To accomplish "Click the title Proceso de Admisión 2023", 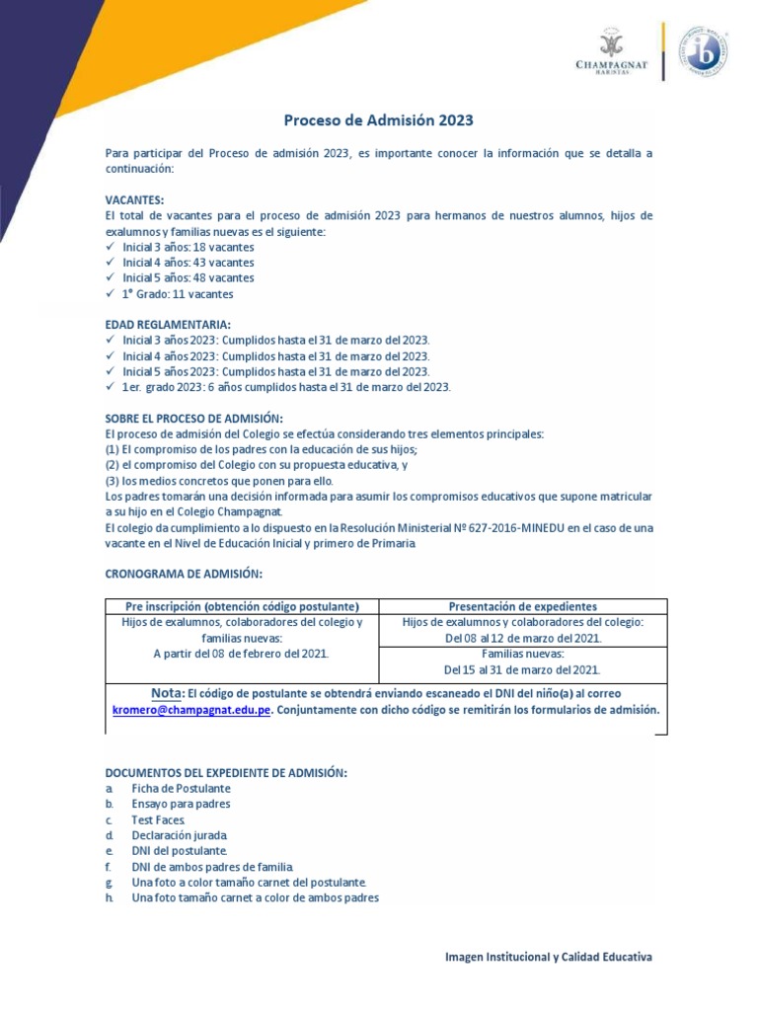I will [379, 120].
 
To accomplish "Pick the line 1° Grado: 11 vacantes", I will [178, 294].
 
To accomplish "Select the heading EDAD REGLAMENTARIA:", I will [168, 324].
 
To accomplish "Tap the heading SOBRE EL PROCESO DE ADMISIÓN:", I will [193, 418].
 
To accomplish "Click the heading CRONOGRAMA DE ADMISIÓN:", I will [184, 575].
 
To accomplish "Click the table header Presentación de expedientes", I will [523, 606].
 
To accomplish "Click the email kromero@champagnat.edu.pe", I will [188, 710].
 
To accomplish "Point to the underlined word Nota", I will [166, 693].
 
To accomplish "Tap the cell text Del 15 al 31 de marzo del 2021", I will [523, 669].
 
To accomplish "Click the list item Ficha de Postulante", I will [181, 789].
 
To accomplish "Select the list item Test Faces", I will [158, 819].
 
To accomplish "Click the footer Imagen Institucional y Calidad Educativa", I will [549, 957].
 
